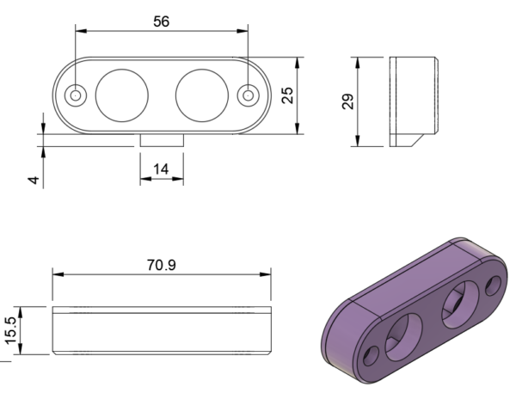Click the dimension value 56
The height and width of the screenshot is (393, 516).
tap(161, 21)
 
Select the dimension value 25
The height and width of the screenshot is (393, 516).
tap(288, 95)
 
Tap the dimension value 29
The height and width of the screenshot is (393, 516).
tap(347, 102)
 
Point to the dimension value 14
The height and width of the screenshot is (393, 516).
tap(161, 169)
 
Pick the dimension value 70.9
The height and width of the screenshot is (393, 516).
tap(161, 265)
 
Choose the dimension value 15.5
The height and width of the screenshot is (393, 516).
tap(11, 330)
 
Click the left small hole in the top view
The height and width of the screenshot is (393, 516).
tap(76, 95)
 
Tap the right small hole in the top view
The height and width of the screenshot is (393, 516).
tap(249, 95)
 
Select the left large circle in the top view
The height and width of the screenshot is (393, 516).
tap(120, 95)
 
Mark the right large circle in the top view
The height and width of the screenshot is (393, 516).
tap(202, 95)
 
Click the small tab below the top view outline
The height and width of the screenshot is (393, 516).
tap(162, 139)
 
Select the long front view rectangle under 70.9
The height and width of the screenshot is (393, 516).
tap(162, 330)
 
